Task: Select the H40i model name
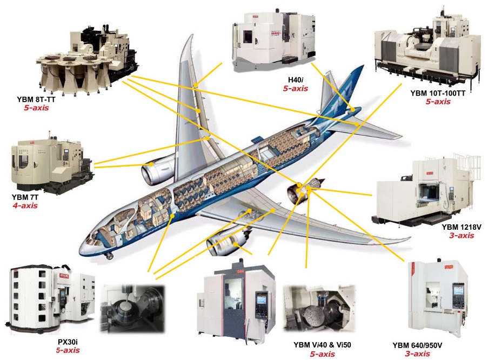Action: (296, 79)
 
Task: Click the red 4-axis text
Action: (25, 205)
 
